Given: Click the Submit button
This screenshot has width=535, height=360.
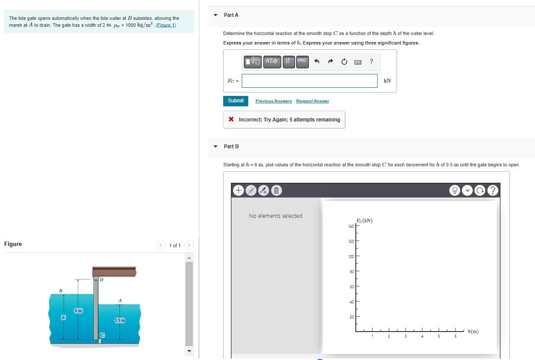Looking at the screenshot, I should [236, 101].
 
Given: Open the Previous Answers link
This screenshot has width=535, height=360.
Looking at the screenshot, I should [273, 101].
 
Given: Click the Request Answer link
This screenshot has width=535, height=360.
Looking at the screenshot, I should [312, 101].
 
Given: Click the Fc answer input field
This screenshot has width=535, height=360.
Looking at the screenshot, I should [309, 81].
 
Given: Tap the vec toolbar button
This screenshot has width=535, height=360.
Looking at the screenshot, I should [302, 61].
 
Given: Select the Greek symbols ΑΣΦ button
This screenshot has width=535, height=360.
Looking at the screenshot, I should [272, 61].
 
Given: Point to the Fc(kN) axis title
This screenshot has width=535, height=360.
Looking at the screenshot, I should [364, 220].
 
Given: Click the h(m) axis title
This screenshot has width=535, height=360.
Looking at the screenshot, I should [473, 331].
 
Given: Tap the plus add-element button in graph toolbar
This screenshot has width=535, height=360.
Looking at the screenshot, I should [238, 190].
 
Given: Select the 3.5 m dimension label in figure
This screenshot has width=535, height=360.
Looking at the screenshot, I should [120, 320].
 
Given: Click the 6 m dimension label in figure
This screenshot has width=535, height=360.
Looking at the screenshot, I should [78, 311].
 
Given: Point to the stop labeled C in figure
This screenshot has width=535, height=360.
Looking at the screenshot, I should [103, 335].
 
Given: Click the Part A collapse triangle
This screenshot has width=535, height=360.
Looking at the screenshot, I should [216, 15].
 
